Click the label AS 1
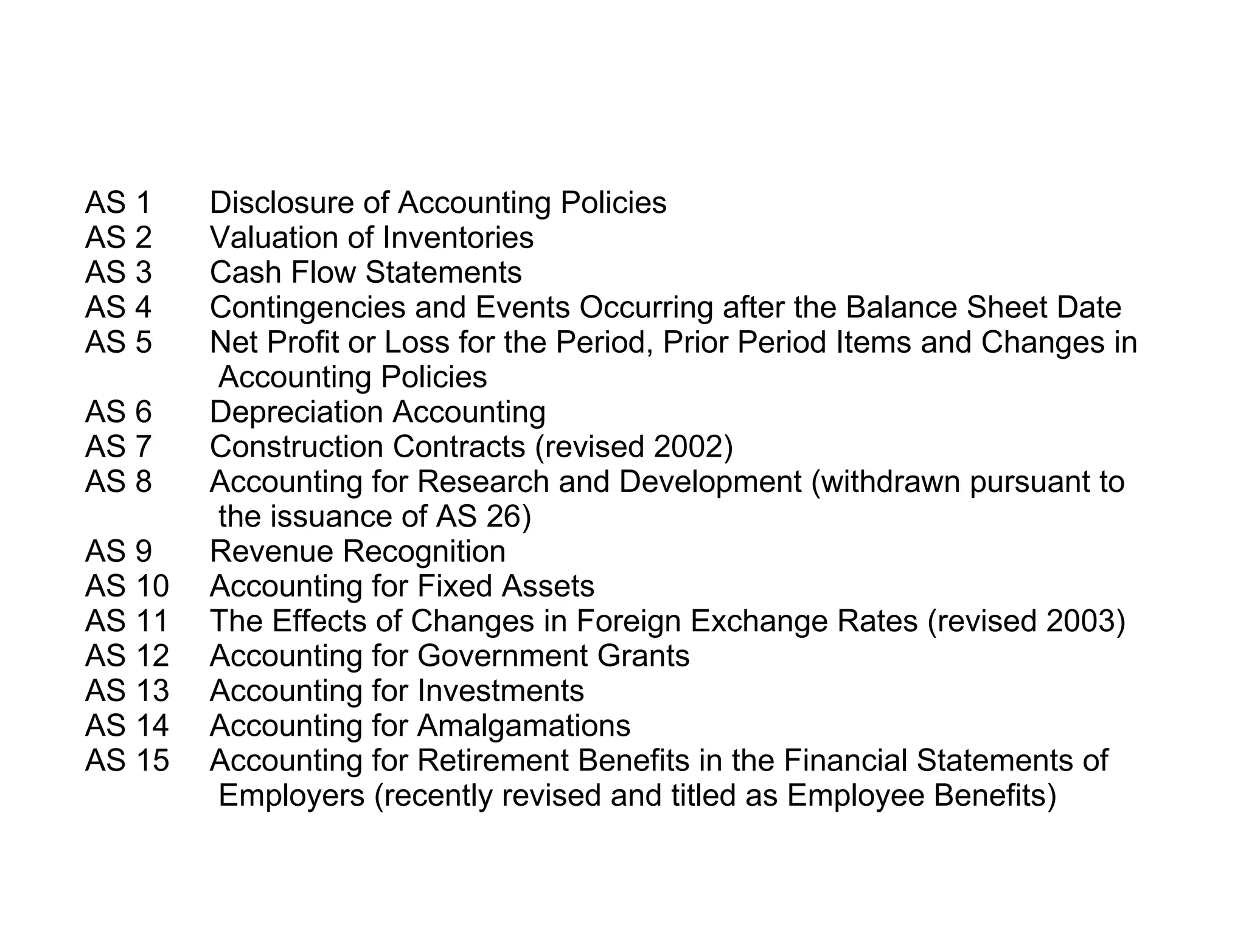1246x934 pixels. [118, 202]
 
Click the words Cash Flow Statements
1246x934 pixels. [366, 272]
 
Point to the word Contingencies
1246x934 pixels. [307, 308]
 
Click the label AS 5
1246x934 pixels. [118, 342]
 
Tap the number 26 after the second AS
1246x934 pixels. [503, 517]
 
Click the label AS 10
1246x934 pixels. [127, 586]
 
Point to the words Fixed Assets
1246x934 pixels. [506, 586]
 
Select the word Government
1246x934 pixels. [502, 656]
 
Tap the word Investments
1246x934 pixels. [500, 691]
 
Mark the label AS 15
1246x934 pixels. [127, 760]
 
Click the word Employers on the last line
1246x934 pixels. [291, 795]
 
